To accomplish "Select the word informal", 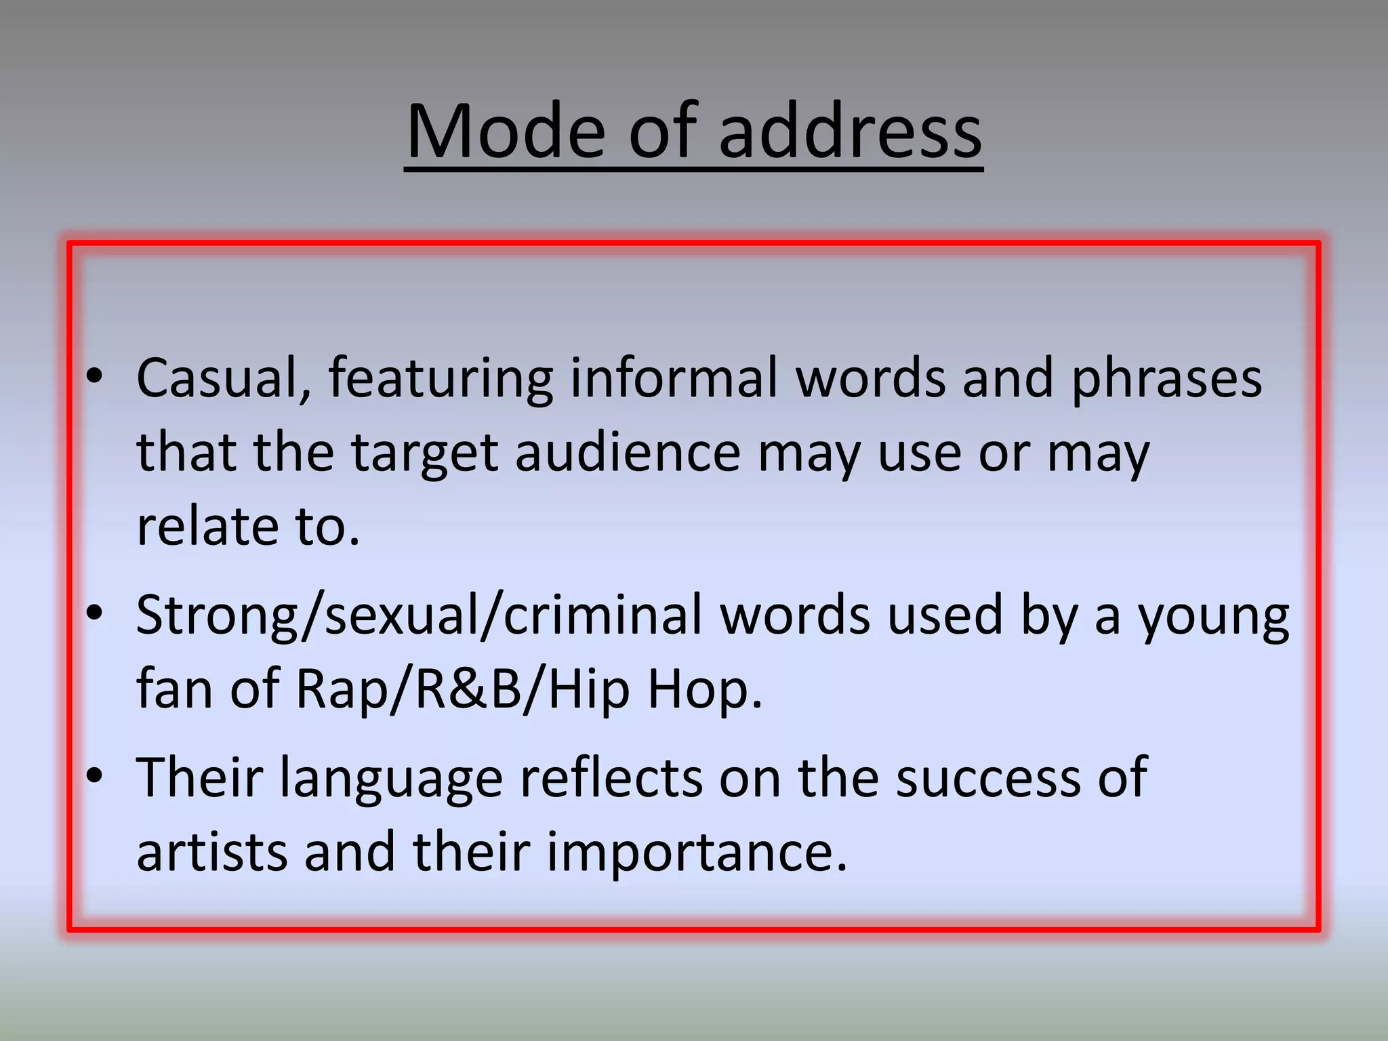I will [x=675, y=378].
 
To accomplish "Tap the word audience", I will [x=628, y=453].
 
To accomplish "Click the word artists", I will [x=212, y=853].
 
